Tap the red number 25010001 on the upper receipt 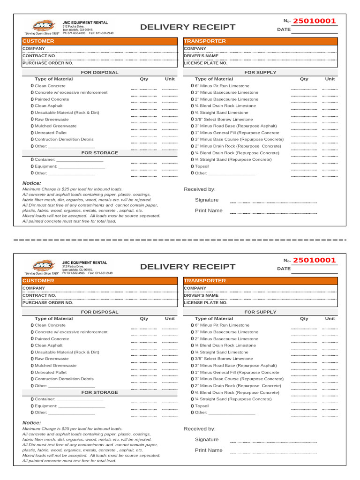pos(314,21)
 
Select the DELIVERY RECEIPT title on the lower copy pos(187,267)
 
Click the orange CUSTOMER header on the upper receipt pos(38,41)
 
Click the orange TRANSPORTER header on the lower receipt pos(205,281)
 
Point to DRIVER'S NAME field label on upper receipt pos(201,55)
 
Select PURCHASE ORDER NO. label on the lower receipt pos(48,302)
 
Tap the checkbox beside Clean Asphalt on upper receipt pos(32,106)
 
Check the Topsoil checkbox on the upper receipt pos(192,166)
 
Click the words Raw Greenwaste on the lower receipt pos(52,359)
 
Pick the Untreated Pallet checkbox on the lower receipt pos(32,372)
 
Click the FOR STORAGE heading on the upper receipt pos(99,153)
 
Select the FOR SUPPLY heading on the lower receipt pos(260,312)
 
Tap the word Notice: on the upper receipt pos(32,183)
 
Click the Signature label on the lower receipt pos(206,439)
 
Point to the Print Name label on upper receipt pos(209,210)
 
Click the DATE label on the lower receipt pos(284,269)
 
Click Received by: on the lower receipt pos(199,428)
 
